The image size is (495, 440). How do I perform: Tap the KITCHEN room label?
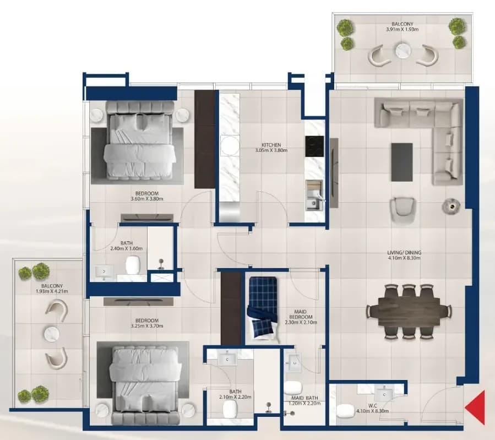271,145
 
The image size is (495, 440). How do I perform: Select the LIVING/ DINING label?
404,253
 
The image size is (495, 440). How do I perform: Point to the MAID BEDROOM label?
301,314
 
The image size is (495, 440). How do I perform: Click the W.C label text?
372,406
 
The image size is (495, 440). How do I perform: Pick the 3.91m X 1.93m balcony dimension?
402,29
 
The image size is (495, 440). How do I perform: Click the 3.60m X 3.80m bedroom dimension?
147,199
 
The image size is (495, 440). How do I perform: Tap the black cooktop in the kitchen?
314,146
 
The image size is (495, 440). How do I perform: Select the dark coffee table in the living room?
402,162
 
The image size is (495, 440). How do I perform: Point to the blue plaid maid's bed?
263,309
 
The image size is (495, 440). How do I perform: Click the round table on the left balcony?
52,334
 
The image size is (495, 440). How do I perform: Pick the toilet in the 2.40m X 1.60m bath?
133,265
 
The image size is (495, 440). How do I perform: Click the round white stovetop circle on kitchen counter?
230,145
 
